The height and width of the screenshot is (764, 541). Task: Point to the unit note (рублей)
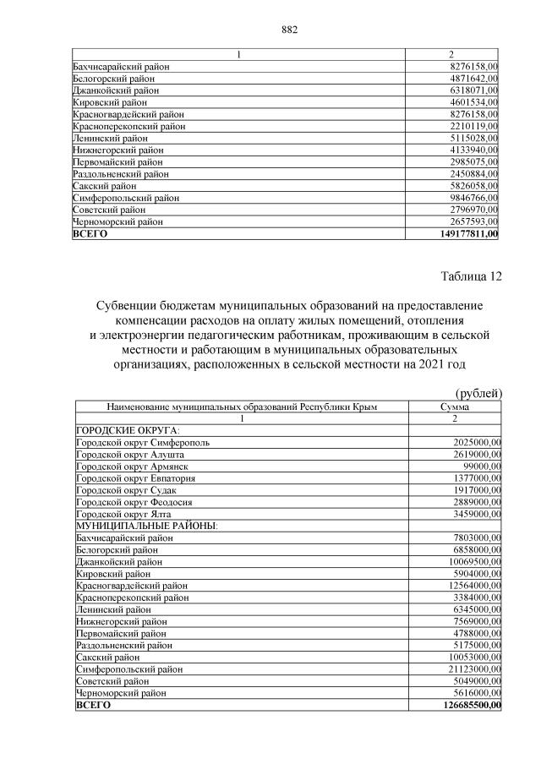coord(479,392)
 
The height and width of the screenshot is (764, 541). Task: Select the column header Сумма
coord(455,407)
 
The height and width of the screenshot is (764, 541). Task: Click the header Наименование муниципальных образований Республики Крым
coord(241,407)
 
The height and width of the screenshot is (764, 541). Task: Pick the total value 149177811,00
coord(463,234)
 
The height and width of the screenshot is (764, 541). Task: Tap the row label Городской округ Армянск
coord(132,466)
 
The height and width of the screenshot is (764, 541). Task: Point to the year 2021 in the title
coord(440,365)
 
